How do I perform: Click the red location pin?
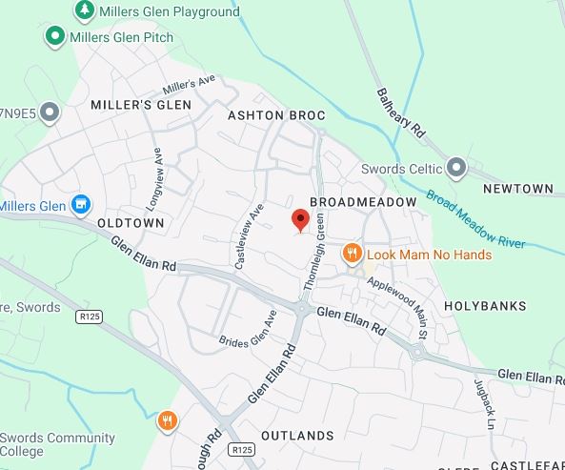300,221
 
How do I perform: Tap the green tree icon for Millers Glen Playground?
84,10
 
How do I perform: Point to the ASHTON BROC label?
276,115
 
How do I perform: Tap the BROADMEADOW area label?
364,203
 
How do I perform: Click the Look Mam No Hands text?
430,255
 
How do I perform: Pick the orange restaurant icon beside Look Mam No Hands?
353,253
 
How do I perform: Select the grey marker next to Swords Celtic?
457,169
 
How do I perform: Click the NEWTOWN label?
518,189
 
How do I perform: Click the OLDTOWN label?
131,222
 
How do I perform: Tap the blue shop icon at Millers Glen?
82,204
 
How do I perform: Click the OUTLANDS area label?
297,436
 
